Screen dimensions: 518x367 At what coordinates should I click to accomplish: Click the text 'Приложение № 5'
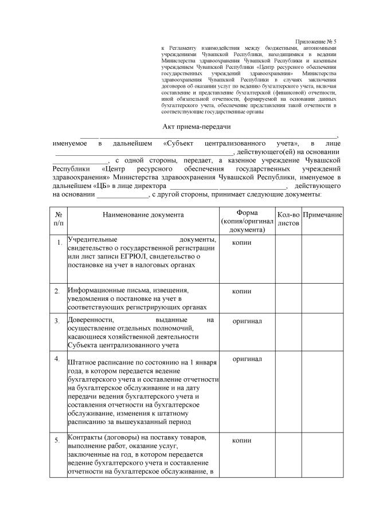[315, 42]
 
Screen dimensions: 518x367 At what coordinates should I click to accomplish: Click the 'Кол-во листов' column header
[288, 218]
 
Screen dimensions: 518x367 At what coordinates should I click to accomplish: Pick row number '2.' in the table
[57, 292]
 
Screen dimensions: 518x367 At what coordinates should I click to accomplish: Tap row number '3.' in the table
[57, 321]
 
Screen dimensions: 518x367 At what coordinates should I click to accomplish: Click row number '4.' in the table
[57, 359]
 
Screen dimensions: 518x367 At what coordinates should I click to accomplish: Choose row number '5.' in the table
[57, 441]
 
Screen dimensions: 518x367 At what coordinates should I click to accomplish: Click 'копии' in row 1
[241, 242]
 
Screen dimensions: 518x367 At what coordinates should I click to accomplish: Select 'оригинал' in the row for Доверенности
[247, 321]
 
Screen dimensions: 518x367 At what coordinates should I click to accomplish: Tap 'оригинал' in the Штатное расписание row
[247, 359]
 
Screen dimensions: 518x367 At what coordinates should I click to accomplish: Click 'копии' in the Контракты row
[241, 441]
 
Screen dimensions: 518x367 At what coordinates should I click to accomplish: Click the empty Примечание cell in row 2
[322, 298]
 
